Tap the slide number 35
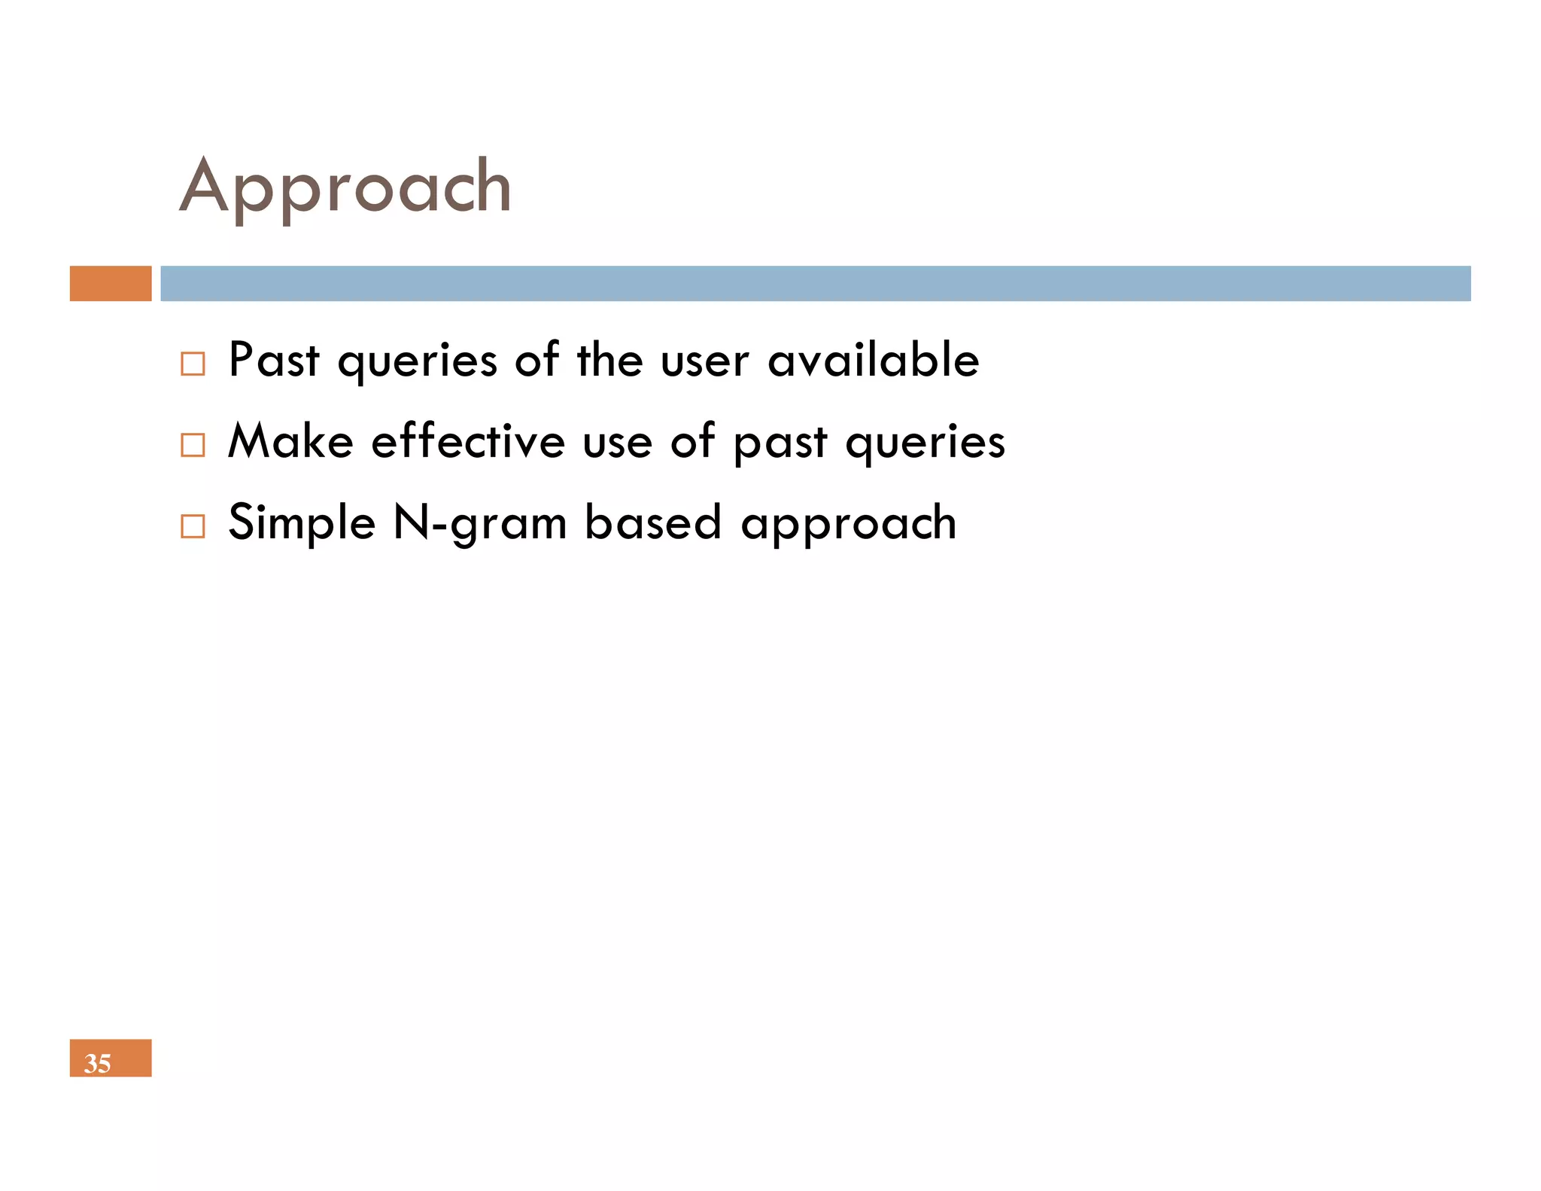coord(98,1062)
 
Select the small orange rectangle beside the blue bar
coord(111,284)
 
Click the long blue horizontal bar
coord(815,284)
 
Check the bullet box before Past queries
coord(193,364)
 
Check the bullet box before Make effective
coord(193,445)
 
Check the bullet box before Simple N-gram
coord(193,526)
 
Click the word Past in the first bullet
coord(274,360)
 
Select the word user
coord(704,361)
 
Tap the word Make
coord(290,441)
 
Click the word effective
coord(468,441)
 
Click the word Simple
coord(301,524)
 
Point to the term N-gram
coord(480,524)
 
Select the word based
coord(653,522)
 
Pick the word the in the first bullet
coord(609,360)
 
